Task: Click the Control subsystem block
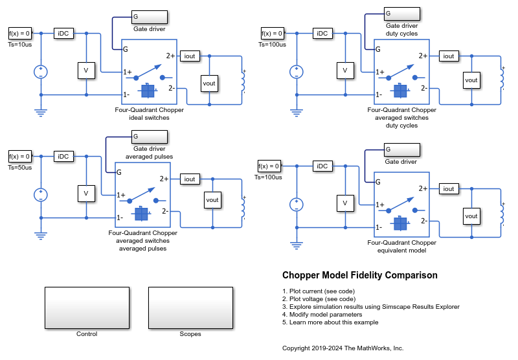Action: point(87,308)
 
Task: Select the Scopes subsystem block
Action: point(190,308)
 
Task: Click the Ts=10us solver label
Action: point(20,45)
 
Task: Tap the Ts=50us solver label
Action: point(20,168)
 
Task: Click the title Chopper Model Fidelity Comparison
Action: point(360,275)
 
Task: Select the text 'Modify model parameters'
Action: point(326,315)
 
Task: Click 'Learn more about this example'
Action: point(333,322)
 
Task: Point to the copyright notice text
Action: point(343,348)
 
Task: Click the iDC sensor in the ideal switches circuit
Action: point(63,34)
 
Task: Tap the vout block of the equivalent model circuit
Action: point(471,216)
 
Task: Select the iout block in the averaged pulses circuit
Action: point(190,179)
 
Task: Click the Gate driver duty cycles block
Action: point(402,14)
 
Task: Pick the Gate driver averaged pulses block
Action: point(150,137)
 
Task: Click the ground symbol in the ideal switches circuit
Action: point(41,113)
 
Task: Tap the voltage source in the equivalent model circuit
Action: point(297,205)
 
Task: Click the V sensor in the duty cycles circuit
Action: point(345,71)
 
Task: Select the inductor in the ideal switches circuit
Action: point(243,81)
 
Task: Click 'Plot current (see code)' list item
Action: point(319,291)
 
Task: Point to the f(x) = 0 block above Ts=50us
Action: point(20,156)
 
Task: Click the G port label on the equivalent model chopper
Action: point(378,182)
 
